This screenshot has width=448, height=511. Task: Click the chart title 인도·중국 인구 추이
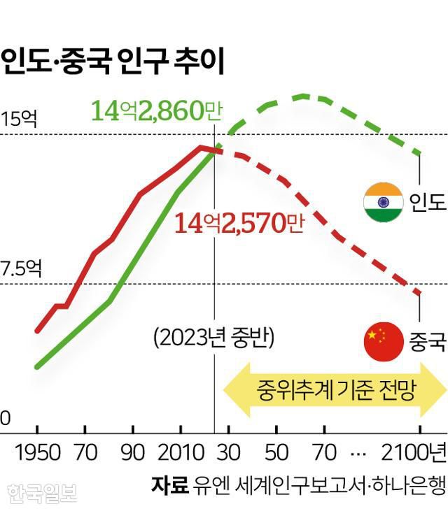pyautogui.click(x=112, y=62)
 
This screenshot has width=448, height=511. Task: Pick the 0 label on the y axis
pyautogui.click(x=6, y=417)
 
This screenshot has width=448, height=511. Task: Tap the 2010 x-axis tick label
pyautogui.click(x=179, y=452)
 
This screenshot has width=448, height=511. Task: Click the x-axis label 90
pyautogui.click(x=132, y=452)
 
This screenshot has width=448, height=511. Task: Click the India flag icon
pyautogui.click(x=383, y=202)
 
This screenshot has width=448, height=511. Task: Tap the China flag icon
pyautogui.click(x=384, y=343)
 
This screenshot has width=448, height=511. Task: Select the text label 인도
pyautogui.click(x=427, y=203)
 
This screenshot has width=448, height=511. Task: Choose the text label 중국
pyautogui.click(x=427, y=343)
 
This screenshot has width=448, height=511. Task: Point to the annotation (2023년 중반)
pyautogui.click(x=213, y=338)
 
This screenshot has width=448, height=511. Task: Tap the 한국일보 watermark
pyautogui.click(x=42, y=494)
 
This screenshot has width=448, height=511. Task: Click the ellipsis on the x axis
pyautogui.click(x=358, y=453)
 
